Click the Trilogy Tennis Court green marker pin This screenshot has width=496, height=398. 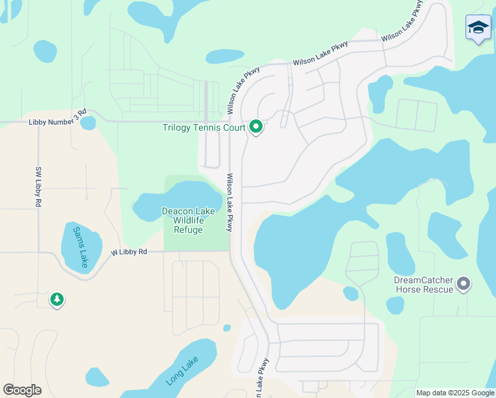tap(256, 127)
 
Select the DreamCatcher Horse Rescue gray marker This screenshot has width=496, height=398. tap(464, 284)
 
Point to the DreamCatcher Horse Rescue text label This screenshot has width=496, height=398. tap(423, 285)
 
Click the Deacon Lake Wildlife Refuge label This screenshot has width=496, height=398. tap(188, 220)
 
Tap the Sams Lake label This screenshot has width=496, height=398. tap(82, 245)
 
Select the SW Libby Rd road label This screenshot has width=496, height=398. tap(37, 188)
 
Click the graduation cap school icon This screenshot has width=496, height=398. tap(478, 28)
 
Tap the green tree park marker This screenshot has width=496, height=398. tap(57, 300)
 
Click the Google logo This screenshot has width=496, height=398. tap(22, 390)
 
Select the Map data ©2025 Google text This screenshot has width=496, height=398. tap(454, 393)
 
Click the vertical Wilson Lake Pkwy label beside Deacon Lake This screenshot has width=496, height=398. tap(229, 202)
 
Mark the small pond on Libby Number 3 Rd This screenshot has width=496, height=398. tap(88, 123)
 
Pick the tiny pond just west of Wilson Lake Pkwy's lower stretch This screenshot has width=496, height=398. tap(227, 328)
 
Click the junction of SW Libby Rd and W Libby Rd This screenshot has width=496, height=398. tap(38, 253)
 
